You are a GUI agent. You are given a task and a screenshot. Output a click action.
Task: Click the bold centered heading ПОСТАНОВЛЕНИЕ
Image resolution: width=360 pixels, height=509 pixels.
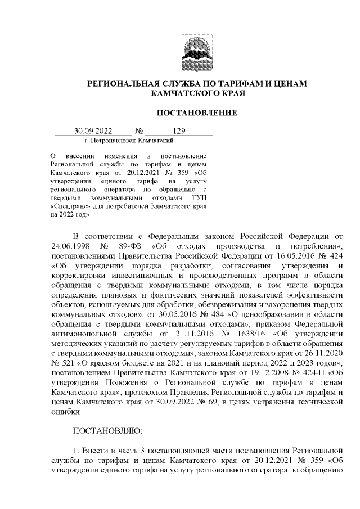tap(196, 113)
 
